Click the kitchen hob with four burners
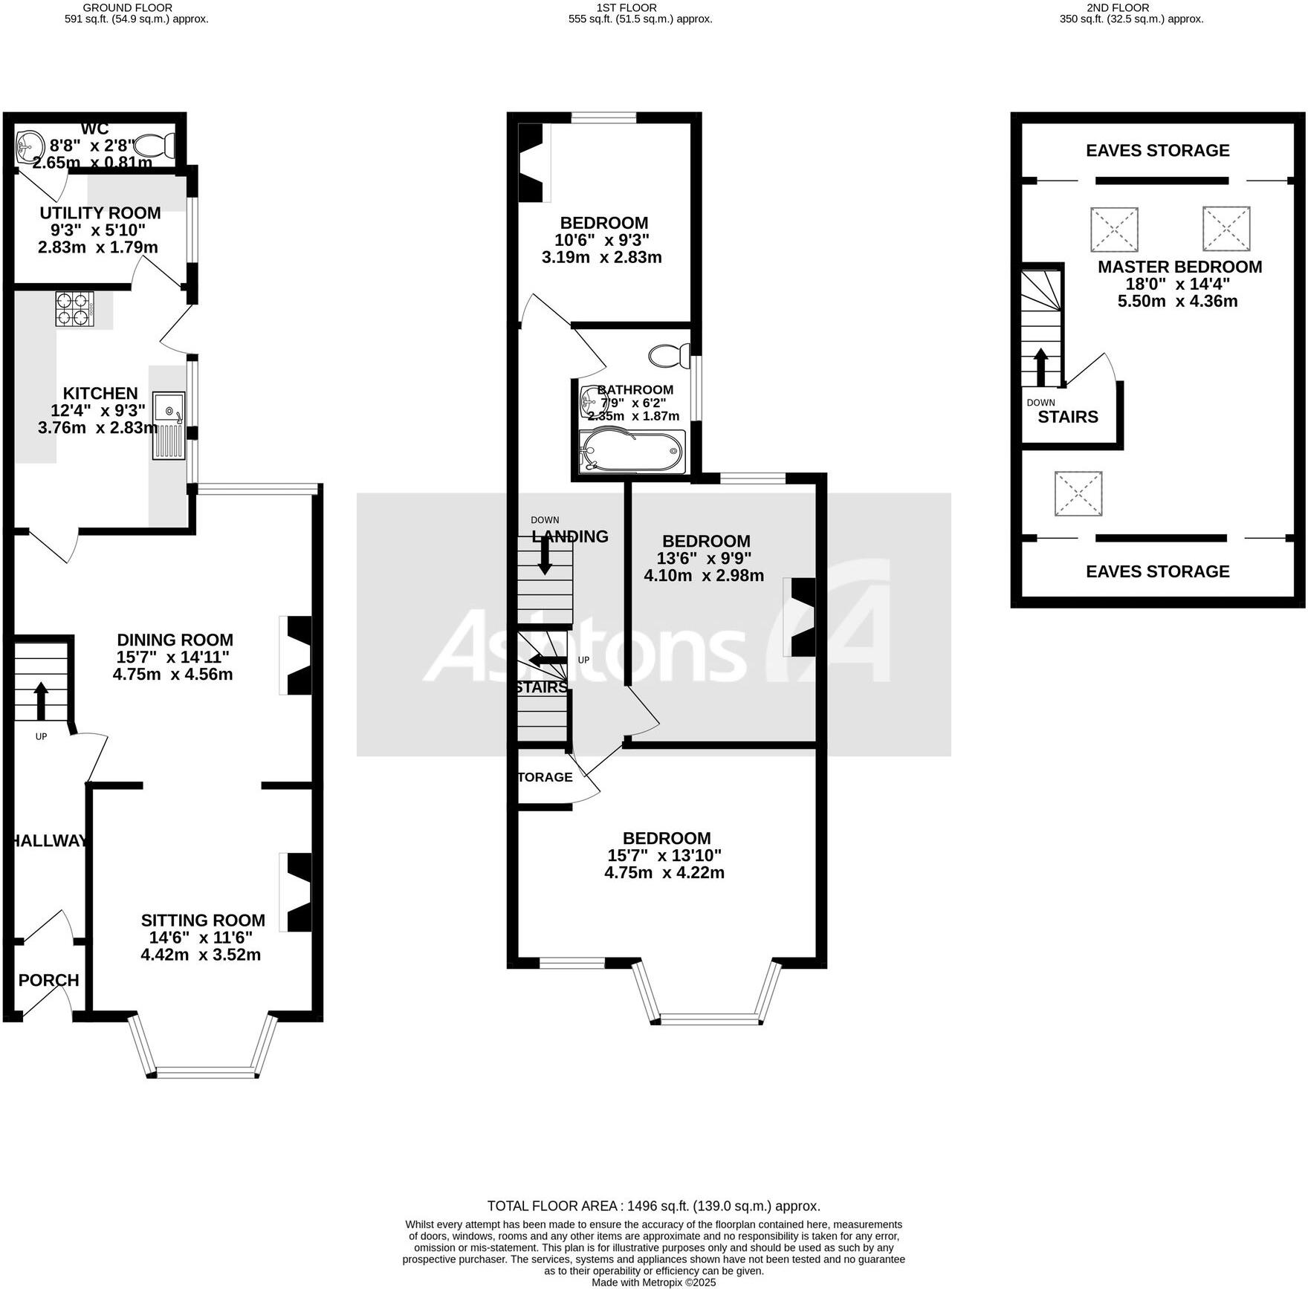coord(75,309)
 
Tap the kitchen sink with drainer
coord(169,425)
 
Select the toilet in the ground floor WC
coord(158,143)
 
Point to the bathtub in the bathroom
coord(632,451)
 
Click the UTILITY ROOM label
coord(100,213)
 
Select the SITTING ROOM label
coord(203,920)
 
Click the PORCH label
coord(48,980)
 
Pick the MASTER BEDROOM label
coord(1179,267)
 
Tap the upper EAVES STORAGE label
coord(1157,151)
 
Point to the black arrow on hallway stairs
coord(41,701)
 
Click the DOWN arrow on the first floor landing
coord(545,554)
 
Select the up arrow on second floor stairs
coord(1040,367)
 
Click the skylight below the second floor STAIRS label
coord(1078,493)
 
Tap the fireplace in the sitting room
coord(297,892)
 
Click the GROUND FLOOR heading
coord(128,7)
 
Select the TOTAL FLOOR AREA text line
coord(653,1206)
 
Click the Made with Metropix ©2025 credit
coord(653,1282)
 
